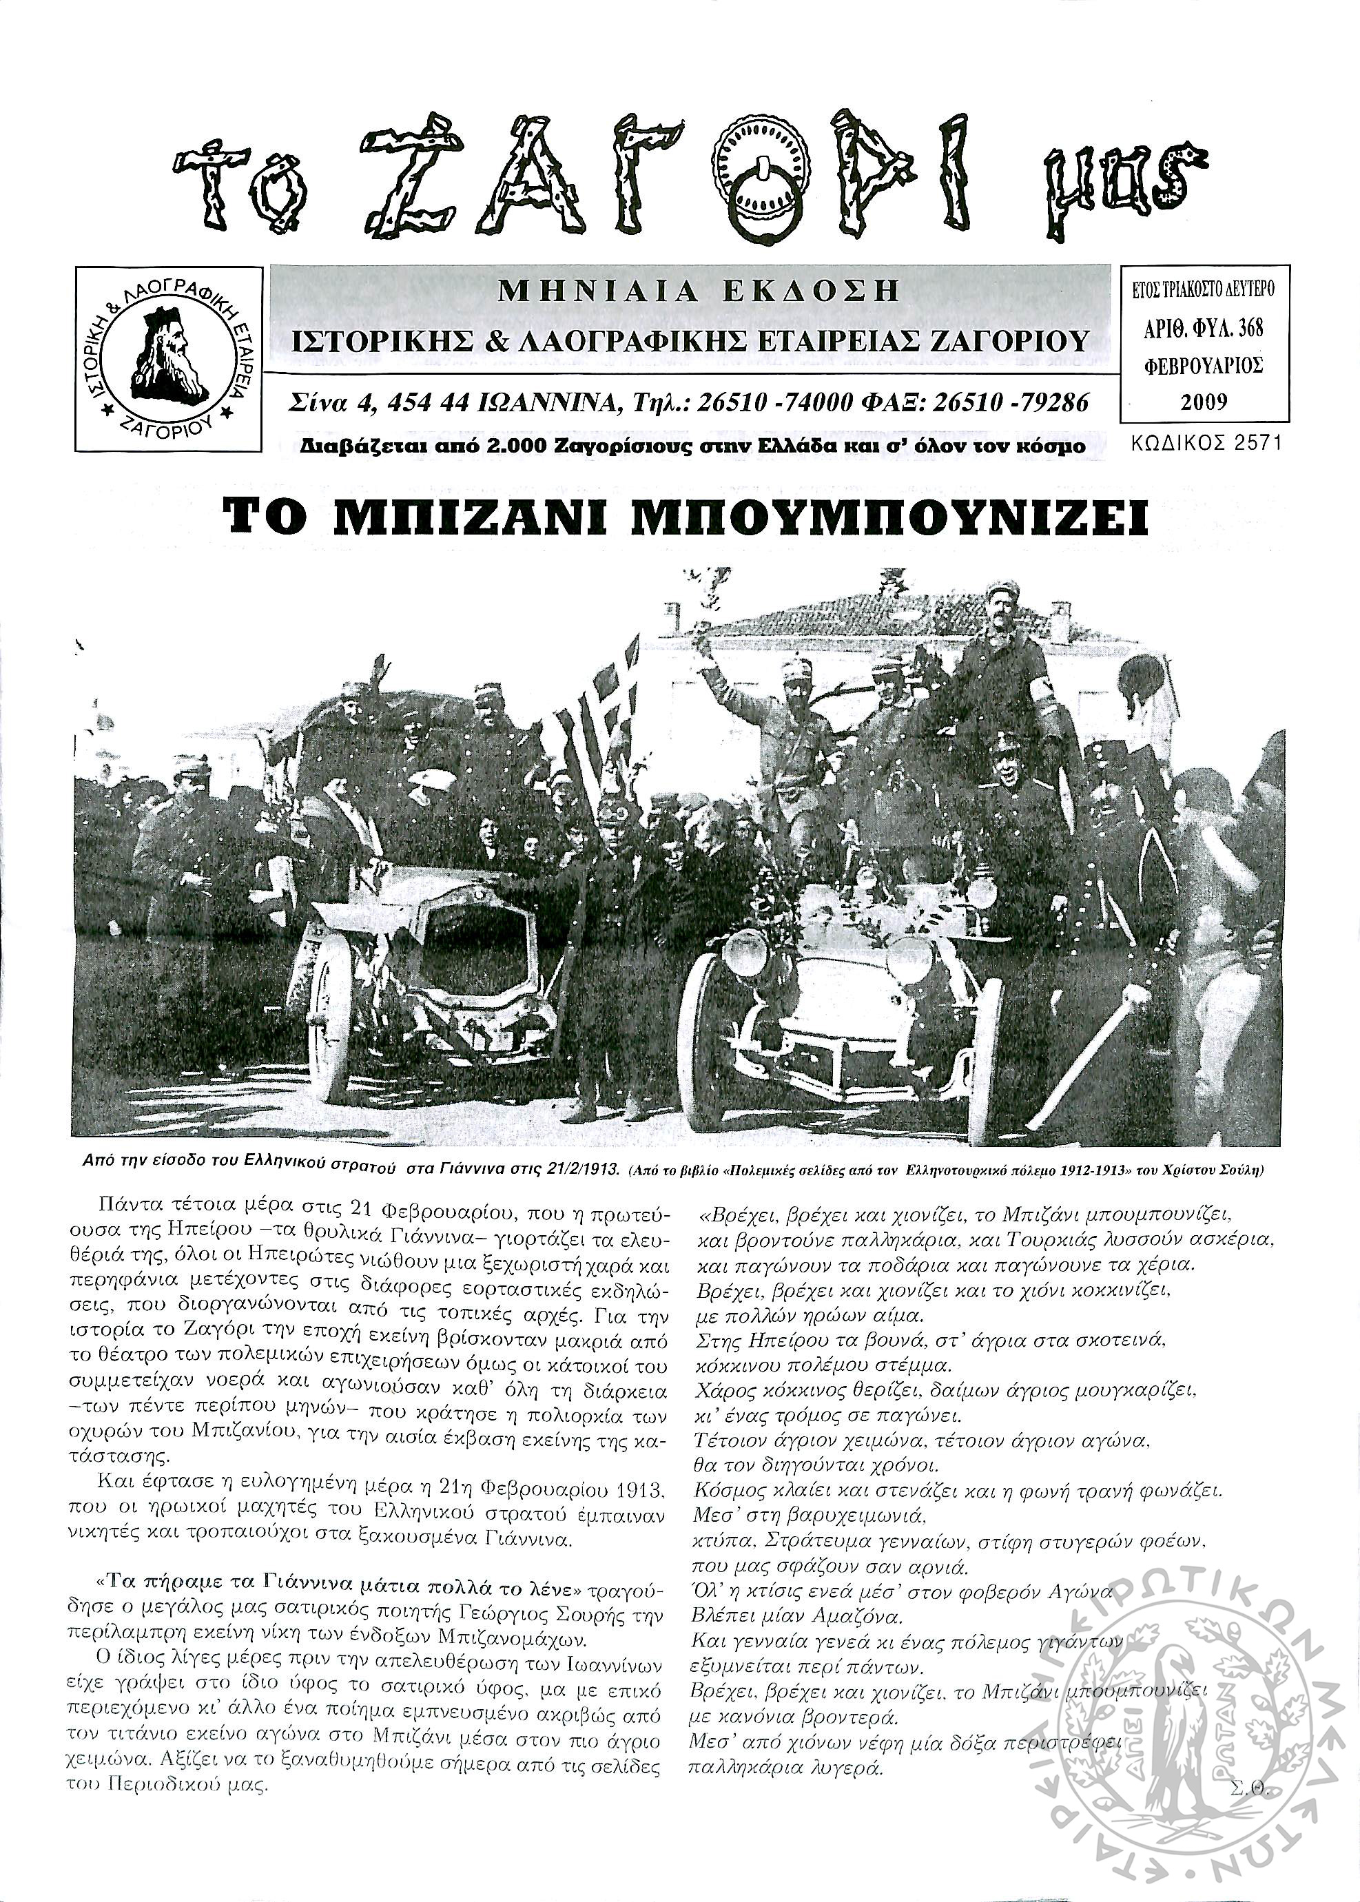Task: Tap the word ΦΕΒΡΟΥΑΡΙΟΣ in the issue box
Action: click(x=1204, y=366)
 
